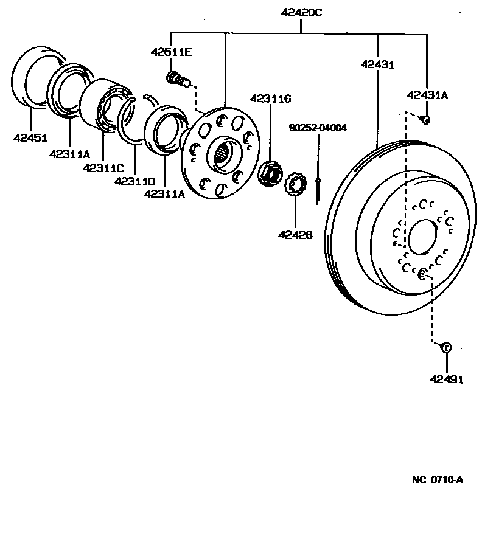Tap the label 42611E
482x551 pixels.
pyautogui.click(x=171, y=52)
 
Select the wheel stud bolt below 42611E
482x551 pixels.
pyautogui.click(x=177, y=79)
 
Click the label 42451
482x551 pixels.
pyautogui.click(x=30, y=137)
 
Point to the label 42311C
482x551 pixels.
pyautogui.click(x=103, y=167)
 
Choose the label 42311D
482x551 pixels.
pyautogui.click(x=134, y=181)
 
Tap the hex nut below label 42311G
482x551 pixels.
pyautogui.click(x=269, y=173)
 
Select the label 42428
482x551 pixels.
pyautogui.click(x=296, y=233)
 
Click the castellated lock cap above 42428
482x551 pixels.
pyautogui.click(x=296, y=184)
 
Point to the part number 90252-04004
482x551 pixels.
pyautogui.click(x=318, y=128)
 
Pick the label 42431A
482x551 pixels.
pyautogui.click(x=427, y=94)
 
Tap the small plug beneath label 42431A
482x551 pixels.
pyautogui.click(x=427, y=120)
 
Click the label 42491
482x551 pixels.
pyautogui.click(x=446, y=379)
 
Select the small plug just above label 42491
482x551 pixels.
pyautogui.click(x=445, y=348)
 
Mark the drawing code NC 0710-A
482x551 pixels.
pyautogui.click(x=437, y=480)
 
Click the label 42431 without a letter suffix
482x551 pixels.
pyautogui.click(x=377, y=63)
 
